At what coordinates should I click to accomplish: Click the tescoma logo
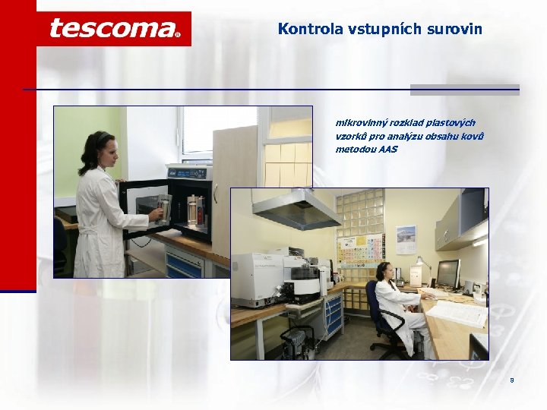tap(114, 29)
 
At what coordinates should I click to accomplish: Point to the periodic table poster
tap(361, 248)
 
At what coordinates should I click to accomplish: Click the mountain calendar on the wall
tap(406, 239)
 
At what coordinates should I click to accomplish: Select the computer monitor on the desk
tap(447, 273)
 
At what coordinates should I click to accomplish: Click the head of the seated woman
tap(384, 270)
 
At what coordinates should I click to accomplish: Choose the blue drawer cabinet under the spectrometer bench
tap(334, 316)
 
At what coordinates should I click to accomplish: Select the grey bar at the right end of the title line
tap(464, 90)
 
